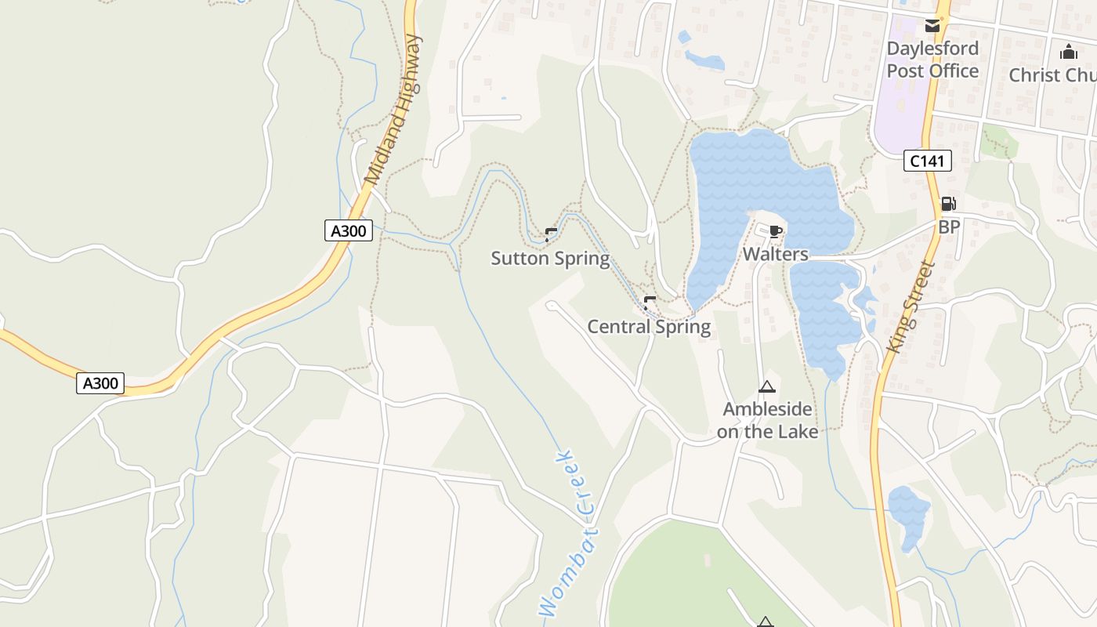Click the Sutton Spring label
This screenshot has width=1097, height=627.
[x=550, y=258]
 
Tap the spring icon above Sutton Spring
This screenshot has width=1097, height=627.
[x=551, y=233]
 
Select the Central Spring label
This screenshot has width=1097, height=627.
[x=649, y=327]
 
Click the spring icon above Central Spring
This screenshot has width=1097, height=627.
[x=649, y=301]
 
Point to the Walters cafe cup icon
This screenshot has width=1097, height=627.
[x=775, y=230]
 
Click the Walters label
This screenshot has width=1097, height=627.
[x=775, y=254]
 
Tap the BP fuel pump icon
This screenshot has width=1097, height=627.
[x=948, y=204]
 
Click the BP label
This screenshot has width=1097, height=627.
[x=949, y=227]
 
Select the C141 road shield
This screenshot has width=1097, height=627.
[x=927, y=161]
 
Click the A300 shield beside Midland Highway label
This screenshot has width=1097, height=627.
[x=348, y=231]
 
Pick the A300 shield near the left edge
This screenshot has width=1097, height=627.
[x=101, y=383]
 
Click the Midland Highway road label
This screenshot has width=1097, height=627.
[x=394, y=110]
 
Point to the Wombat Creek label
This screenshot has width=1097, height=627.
[x=569, y=533]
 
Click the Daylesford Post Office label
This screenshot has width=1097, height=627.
[x=932, y=60]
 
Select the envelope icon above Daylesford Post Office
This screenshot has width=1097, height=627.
[x=932, y=26]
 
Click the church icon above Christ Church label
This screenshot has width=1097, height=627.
[x=1068, y=53]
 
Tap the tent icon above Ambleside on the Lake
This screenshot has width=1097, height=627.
[x=766, y=386]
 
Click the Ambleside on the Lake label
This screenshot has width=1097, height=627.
[x=767, y=420]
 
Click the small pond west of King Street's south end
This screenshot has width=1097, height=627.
[x=908, y=513]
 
